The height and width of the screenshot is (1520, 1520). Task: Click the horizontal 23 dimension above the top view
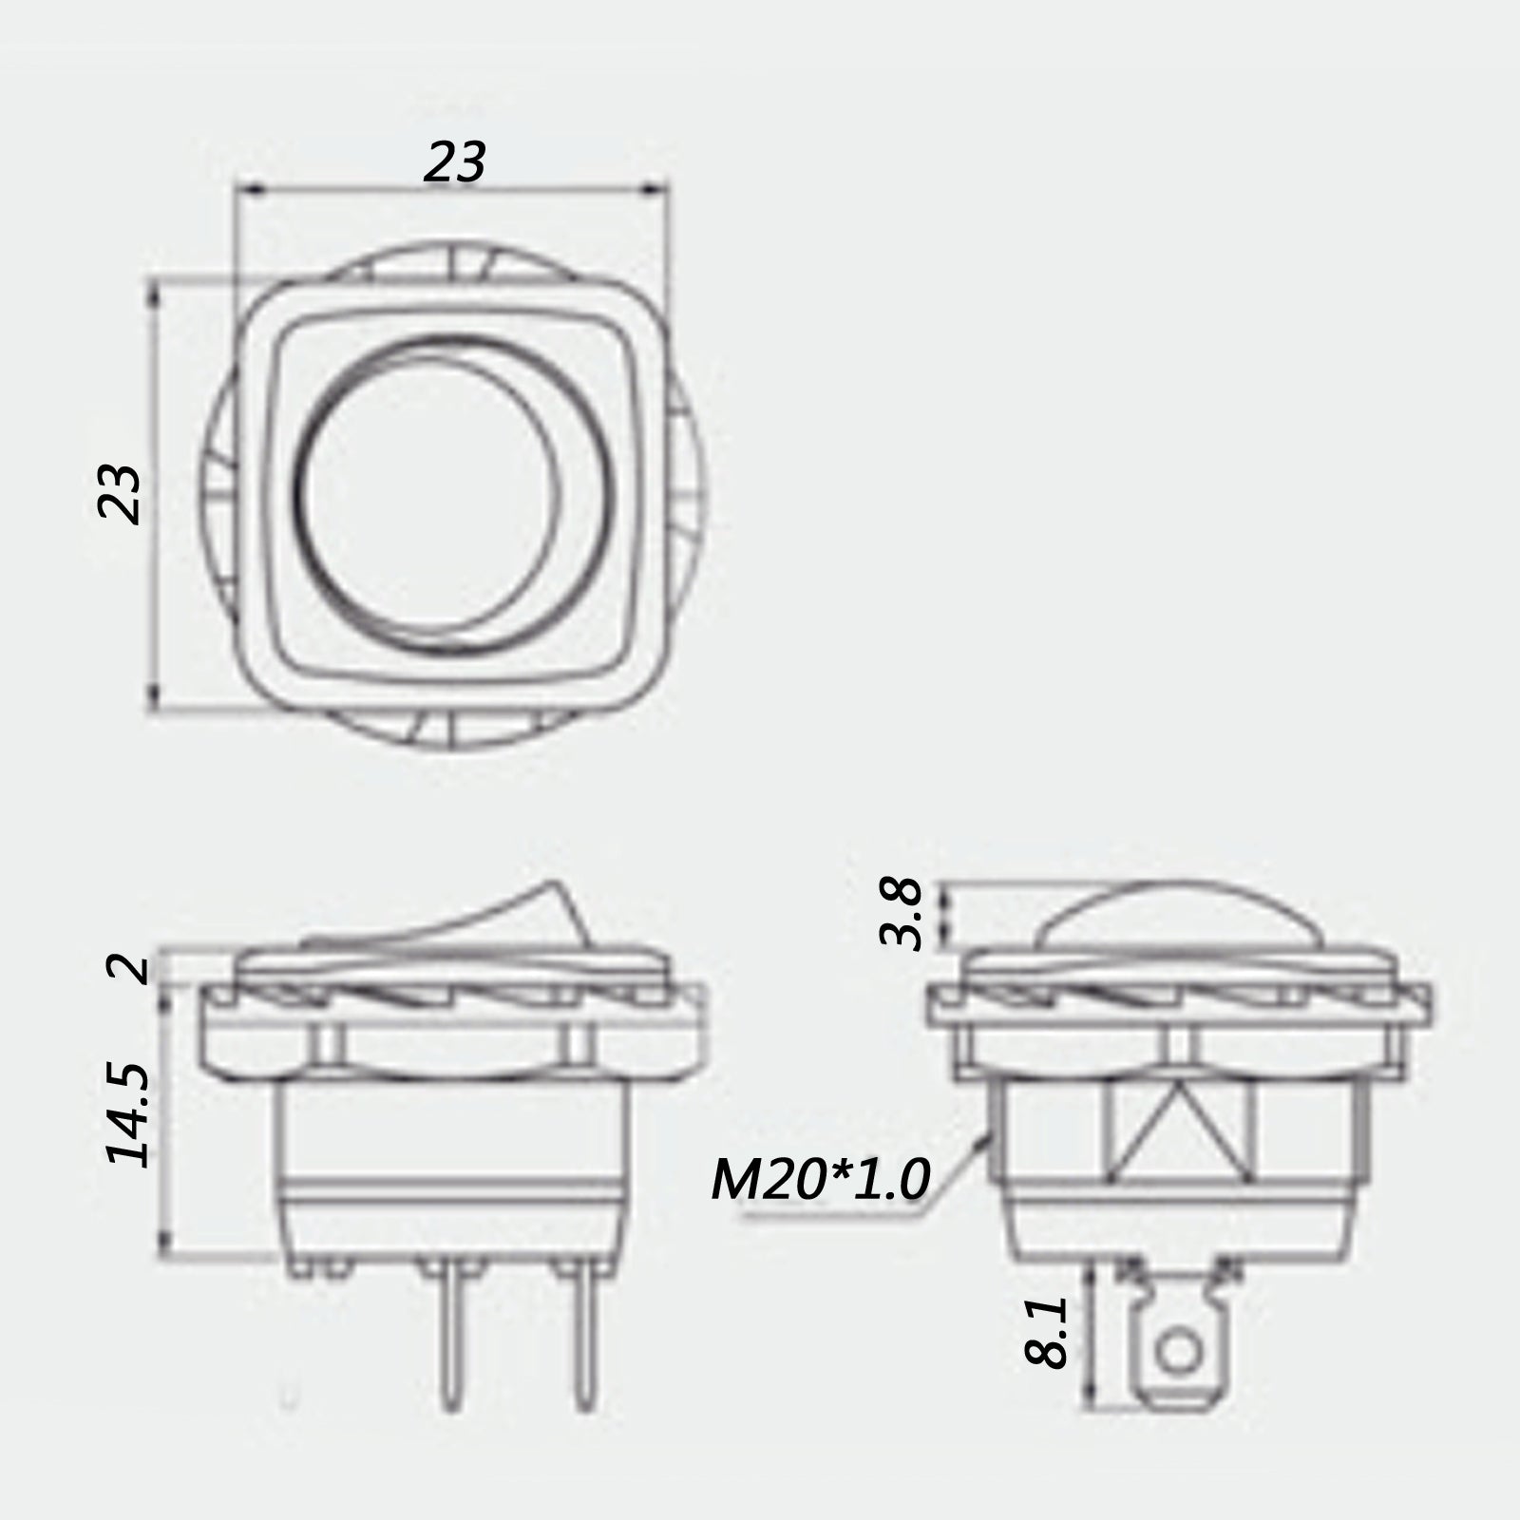pos(455,161)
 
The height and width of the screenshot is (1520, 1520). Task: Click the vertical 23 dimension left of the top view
pos(121,494)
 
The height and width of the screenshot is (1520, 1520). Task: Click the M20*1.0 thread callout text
pos(820,1181)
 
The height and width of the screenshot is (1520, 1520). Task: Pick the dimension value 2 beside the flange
pos(128,969)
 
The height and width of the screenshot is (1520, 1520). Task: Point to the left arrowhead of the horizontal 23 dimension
pos(245,190)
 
